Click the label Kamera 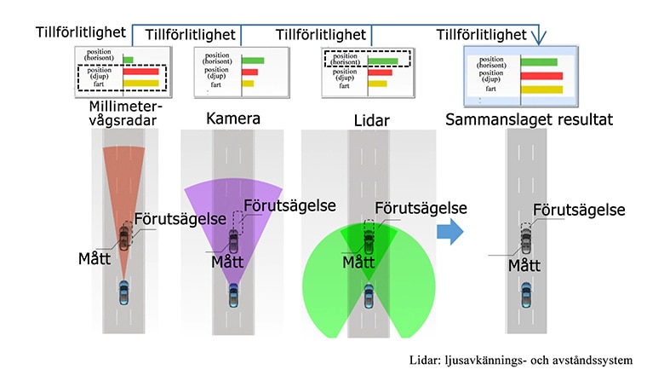pyautogui.click(x=233, y=118)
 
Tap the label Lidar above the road pyautogui.click(x=372, y=121)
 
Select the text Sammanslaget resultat pyautogui.click(x=529, y=119)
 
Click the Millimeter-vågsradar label pyautogui.click(x=125, y=113)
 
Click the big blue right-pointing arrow pyautogui.click(x=450, y=231)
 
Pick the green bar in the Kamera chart pyautogui.click(x=253, y=61)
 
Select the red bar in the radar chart pyautogui.click(x=140, y=72)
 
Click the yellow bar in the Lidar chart pyautogui.click(x=377, y=84)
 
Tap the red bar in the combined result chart pyautogui.click(x=541, y=76)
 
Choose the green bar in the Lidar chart pyautogui.click(x=382, y=61)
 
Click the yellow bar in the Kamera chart pyautogui.click(x=248, y=84)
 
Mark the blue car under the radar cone pyautogui.click(x=123, y=292)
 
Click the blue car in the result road pyautogui.click(x=526, y=295)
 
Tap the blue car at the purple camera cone pyautogui.click(x=233, y=295)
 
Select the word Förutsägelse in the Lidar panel pyautogui.click(x=421, y=208)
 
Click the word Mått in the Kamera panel pyautogui.click(x=227, y=262)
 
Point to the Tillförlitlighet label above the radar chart pyautogui.click(x=81, y=32)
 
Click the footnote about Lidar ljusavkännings pyautogui.click(x=521, y=360)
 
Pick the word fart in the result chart pyautogui.click(x=490, y=89)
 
